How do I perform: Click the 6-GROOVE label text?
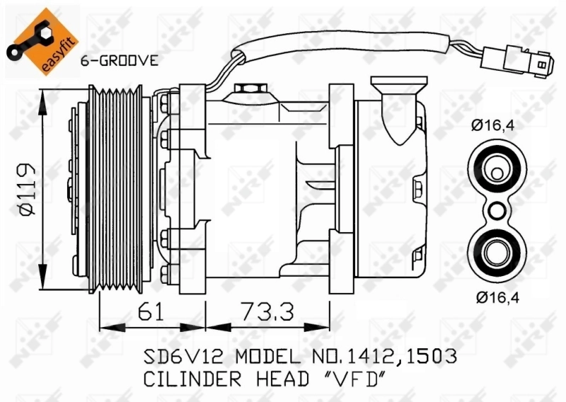[119, 61]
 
